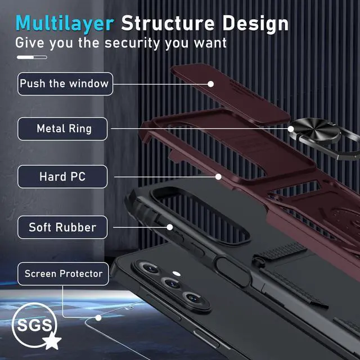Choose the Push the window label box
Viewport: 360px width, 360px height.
tap(64, 84)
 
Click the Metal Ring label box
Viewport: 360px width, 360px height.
tap(64, 129)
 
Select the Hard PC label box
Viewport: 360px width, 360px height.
tap(62, 177)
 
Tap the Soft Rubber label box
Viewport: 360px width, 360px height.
tap(62, 227)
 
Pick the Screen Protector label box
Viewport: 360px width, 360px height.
tap(63, 274)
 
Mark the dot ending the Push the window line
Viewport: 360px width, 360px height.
tap(210, 84)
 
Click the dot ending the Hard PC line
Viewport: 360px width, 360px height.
tap(218, 177)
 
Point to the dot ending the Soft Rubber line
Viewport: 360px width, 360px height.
tap(169, 227)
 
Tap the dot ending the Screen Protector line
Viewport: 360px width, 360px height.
tap(98, 318)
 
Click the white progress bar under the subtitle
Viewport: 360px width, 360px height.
tap(31, 57)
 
